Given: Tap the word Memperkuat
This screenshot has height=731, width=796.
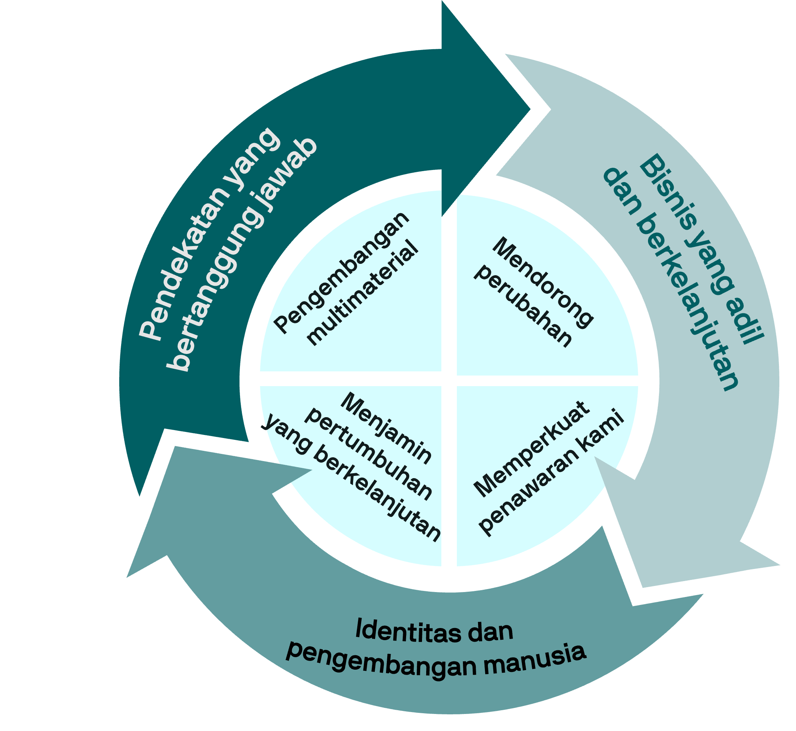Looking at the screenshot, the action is [x=532, y=449].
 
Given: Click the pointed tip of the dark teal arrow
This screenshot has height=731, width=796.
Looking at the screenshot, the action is [x=530, y=109].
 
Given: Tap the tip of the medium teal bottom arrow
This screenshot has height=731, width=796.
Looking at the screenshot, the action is [x=127, y=577].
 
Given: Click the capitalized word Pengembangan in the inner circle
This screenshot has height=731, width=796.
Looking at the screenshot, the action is [x=341, y=273].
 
